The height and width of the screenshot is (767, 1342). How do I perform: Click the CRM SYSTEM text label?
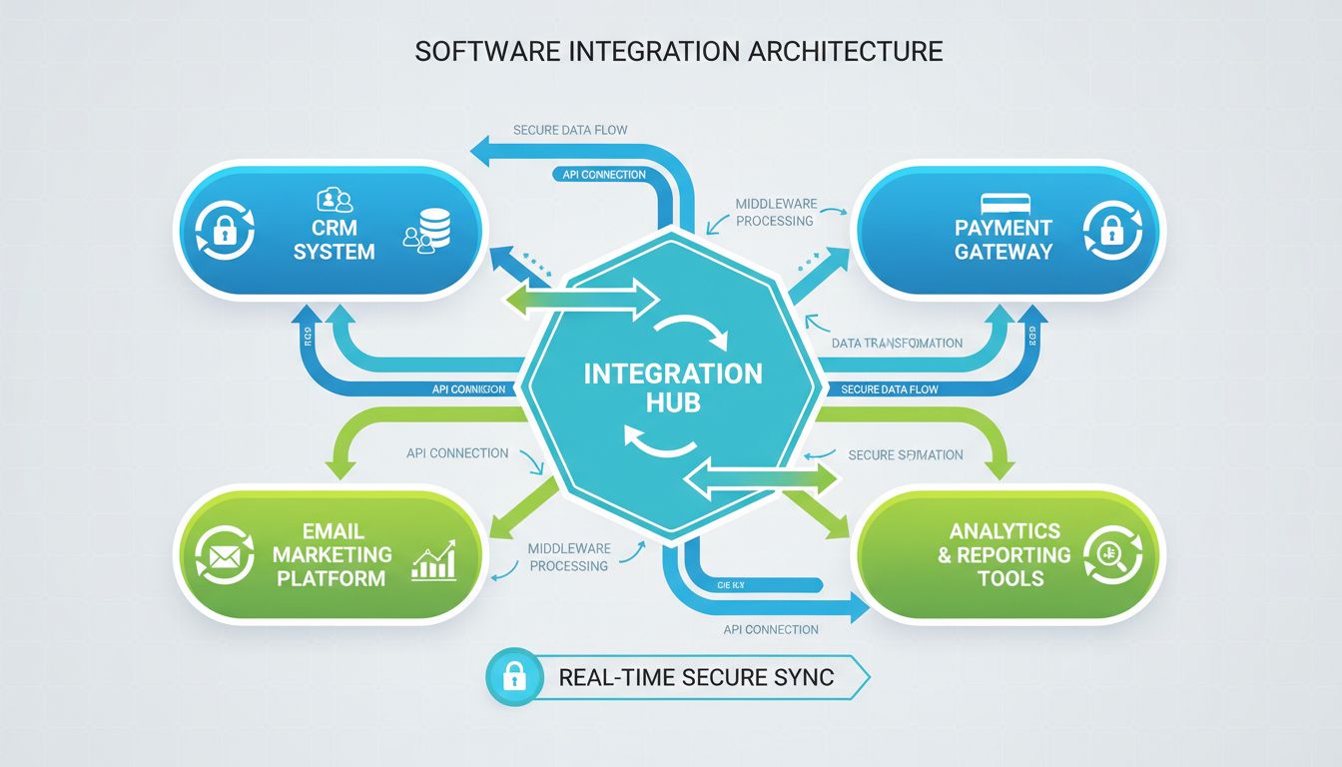click(334, 240)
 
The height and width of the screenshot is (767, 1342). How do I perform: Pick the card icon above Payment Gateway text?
click(1004, 204)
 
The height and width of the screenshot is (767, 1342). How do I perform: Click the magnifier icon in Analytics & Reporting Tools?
click(1109, 555)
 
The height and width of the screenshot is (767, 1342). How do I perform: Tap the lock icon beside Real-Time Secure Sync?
click(513, 677)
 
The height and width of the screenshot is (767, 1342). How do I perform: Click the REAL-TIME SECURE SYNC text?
click(696, 678)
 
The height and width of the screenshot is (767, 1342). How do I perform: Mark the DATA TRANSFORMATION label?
click(897, 344)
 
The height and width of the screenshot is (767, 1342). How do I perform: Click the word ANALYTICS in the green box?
click(1004, 531)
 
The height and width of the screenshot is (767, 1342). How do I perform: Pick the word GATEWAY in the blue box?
click(1004, 252)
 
